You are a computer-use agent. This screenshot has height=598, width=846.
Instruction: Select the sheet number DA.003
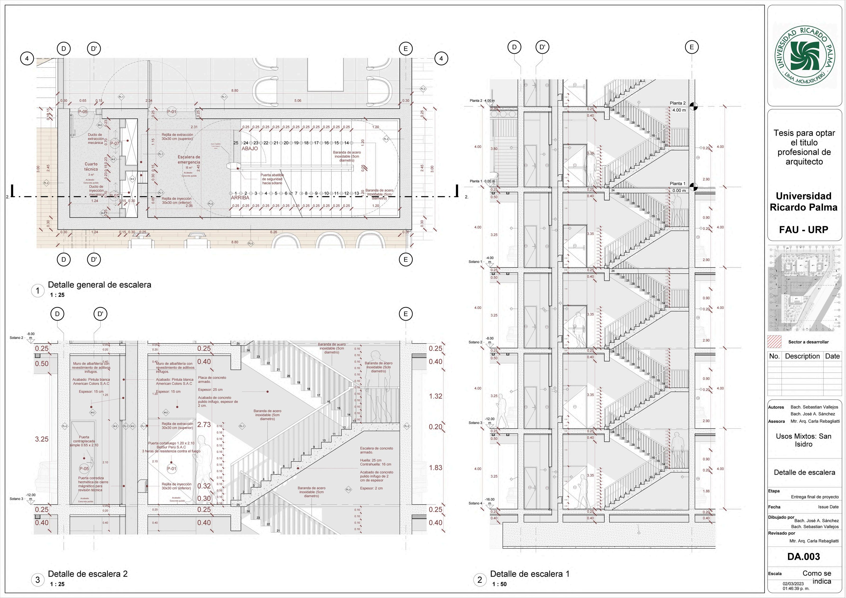coord(804,556)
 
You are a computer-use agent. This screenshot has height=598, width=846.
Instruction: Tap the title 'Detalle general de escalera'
coord(100,285)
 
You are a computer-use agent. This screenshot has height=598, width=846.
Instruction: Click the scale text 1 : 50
coord(499,584)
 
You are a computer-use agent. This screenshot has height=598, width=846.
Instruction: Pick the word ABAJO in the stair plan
coord(250,149)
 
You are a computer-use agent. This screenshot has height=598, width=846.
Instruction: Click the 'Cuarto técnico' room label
coord(91,167)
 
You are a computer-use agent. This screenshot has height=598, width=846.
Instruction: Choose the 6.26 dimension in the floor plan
coord(273,232)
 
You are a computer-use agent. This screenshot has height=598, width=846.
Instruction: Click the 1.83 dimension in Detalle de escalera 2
coord(436,468)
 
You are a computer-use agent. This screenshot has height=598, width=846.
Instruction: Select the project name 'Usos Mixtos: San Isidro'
coord(803,440)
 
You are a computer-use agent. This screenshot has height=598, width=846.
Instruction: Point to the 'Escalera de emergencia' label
coord(189,160)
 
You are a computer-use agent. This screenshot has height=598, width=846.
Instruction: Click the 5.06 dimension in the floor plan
coord(298,100)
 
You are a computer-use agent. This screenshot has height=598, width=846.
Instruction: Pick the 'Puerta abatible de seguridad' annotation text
coord(272,179)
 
